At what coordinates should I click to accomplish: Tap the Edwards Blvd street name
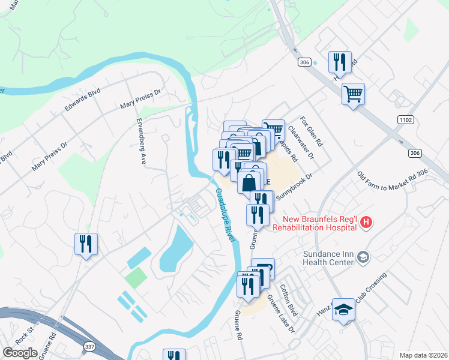[x=82, y=102]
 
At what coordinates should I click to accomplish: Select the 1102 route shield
[x=405, y=120]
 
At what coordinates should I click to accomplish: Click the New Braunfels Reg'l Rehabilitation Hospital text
[x=315, y=224]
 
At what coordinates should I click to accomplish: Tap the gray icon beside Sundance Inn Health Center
[x=363, y=257]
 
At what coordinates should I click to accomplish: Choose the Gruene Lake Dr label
[x=281, y=314]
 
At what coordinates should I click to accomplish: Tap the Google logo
[x=20, y=353]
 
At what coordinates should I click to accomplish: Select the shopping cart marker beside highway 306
[x=353, y=93]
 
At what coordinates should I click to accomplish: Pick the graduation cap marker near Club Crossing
[x=343, y=309]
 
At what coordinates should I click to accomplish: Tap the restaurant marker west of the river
[x=86, y=244]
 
